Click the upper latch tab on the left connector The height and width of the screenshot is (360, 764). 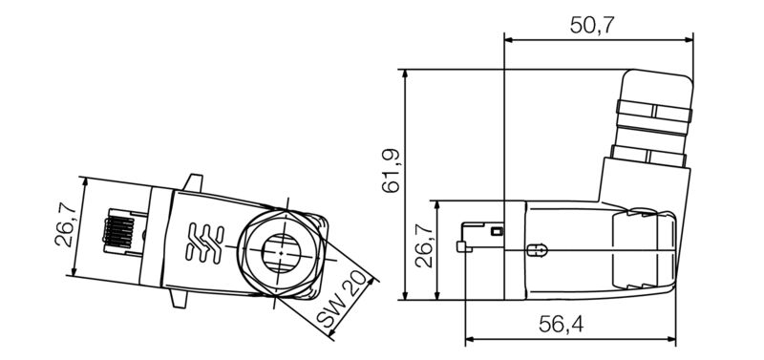(x=195, y=181)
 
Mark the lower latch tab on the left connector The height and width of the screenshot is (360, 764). (x=180, y=301)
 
